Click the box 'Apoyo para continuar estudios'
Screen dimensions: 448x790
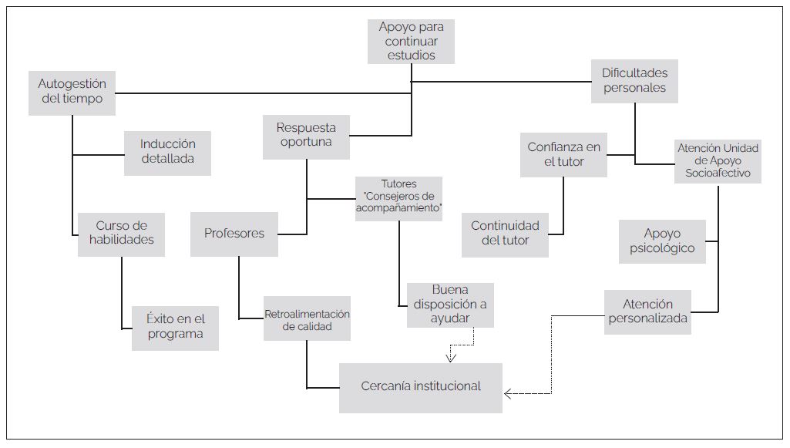412,41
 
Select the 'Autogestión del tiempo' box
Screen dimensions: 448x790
72,92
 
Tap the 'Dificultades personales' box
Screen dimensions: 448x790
634,80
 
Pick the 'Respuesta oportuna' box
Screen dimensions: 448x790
306,135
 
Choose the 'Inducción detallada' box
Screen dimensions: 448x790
167,151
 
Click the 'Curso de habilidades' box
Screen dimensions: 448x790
121,233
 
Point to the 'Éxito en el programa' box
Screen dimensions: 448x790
175,327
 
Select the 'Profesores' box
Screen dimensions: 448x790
234,234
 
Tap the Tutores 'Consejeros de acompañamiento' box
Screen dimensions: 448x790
398,197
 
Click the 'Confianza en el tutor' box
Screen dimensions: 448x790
563,154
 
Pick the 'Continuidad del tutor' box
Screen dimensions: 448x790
505,233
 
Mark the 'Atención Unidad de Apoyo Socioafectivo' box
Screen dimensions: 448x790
718,161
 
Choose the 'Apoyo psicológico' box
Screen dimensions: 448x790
662,241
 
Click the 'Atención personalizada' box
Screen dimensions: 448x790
647,312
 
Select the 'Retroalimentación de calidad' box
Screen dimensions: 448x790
307,320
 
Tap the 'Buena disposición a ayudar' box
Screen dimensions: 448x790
450,305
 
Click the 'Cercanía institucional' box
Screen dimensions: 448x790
421,386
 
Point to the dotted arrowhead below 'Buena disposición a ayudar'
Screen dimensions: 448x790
452,357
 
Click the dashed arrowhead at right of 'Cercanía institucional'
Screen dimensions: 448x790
508,394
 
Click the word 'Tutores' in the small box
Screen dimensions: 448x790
398,184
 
